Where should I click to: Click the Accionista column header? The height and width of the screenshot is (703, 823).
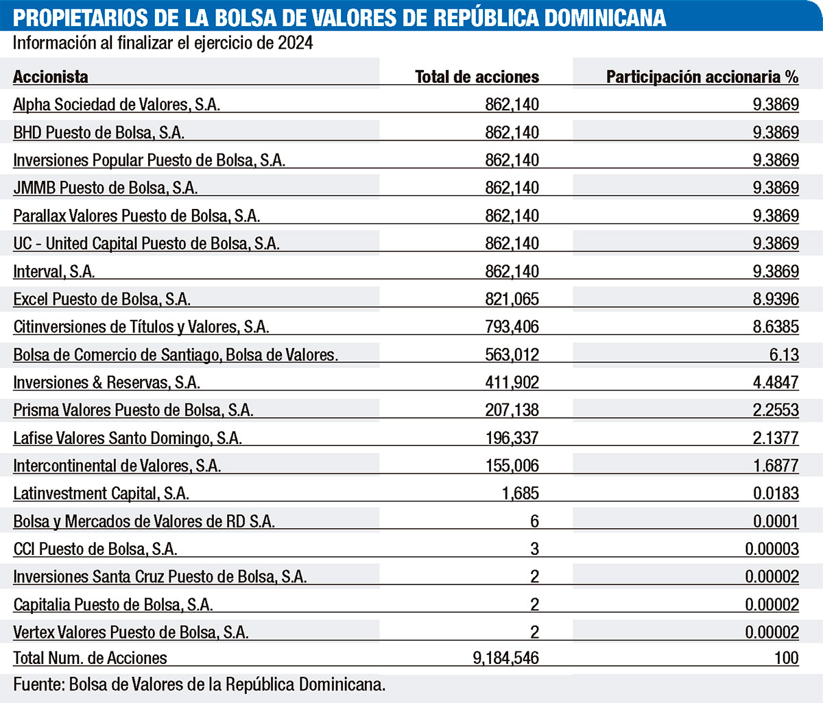click(x=51, y=77)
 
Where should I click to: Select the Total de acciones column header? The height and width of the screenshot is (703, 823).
click(x=477, y=77)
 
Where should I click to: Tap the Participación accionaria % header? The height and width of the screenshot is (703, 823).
click(x=702, y=77)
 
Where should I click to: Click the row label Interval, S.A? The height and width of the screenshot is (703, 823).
click(x=54, y=271)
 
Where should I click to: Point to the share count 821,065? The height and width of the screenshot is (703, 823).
click(x=512, y=299)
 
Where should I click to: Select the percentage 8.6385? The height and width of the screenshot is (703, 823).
click(x=776, y=327)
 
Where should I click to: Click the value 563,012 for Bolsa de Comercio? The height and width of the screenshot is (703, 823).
click(x=512, y=355)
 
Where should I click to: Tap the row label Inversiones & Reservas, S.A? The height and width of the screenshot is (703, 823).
click(x=107, y=382)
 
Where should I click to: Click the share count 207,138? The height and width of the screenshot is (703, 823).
click(x=512, y=410)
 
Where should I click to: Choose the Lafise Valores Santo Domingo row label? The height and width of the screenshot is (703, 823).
click(x=128, y=438)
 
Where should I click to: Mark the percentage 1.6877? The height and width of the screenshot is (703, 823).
click(x=776, y=466)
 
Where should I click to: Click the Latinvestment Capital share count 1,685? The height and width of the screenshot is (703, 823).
click(x=521, y=493)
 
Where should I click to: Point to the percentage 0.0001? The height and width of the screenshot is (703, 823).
click(x=776, y=521)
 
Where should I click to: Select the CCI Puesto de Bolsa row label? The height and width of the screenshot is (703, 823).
click(x=95, y=549)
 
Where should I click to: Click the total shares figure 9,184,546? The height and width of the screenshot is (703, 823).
click(x=505, y=658)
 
